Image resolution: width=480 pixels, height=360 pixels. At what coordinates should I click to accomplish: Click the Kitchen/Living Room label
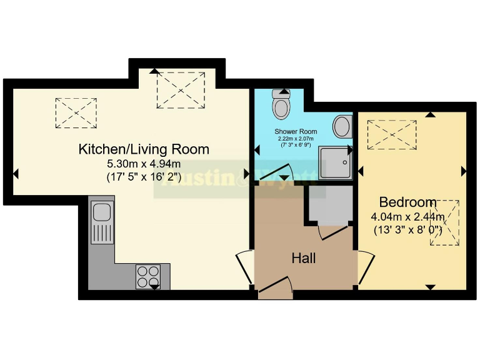point(144,150)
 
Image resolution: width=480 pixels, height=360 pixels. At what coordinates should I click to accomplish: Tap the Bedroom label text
point(407,202)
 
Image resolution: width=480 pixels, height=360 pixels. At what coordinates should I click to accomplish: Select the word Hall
point(304,258)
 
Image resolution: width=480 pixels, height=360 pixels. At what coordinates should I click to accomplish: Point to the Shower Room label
point(296,132)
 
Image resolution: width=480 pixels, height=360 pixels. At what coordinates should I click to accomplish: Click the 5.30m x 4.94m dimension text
point(144,164)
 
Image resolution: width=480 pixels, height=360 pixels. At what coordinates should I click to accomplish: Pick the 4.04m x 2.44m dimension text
point(407,217)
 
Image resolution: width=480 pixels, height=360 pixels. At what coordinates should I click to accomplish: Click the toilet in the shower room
point(282,105)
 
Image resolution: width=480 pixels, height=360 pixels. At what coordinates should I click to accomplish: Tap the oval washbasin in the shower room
point(342,127)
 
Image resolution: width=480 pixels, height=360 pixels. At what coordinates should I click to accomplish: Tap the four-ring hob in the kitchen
point(148,276)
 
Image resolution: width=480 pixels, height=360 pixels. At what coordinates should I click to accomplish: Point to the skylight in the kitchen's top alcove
point(181,89)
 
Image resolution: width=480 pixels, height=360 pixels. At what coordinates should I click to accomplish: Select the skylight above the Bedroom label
point(392,134)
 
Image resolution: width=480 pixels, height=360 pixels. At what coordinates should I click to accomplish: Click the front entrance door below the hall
point(276,289)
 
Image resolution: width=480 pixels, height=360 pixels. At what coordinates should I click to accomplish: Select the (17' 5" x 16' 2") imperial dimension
point(144,177)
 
